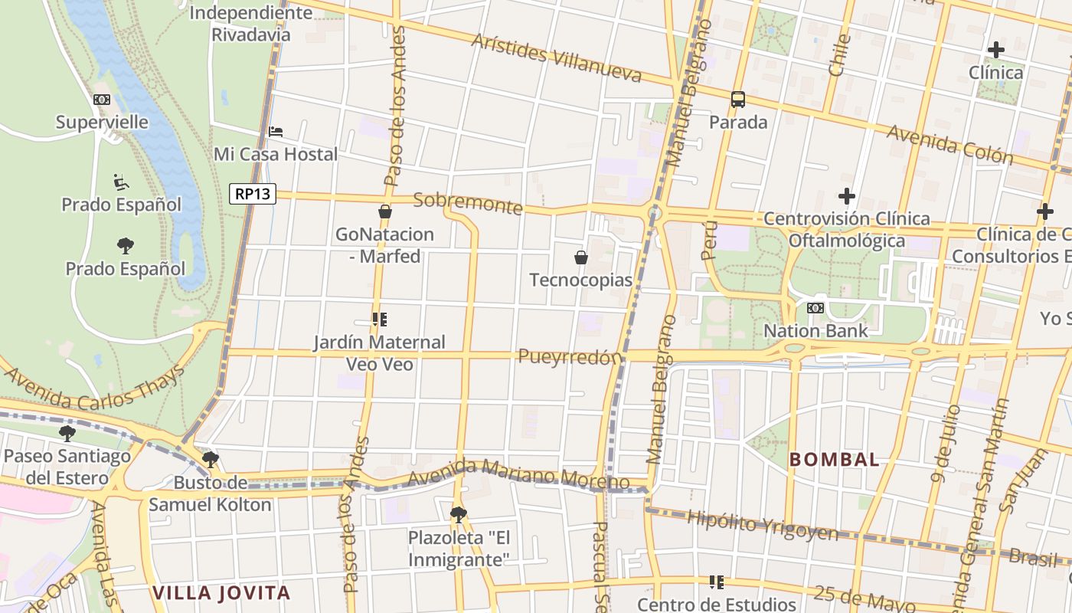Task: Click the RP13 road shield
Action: coord(252,194)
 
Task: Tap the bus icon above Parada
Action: coord(738,99)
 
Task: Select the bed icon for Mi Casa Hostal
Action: coord(276,132)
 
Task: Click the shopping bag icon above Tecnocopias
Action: coord(581,257)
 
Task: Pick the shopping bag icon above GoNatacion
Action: coord(385,211)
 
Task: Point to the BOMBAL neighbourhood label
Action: coord(834,460)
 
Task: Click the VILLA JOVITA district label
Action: coord(221,592)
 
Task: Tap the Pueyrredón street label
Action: coord(569,357)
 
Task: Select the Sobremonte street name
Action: coord(468,203)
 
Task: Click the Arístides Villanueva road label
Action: coord(557,58)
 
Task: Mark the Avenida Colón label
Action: coord(949,145)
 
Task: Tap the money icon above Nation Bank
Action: coord(815,308)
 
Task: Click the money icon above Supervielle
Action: coord(102,100)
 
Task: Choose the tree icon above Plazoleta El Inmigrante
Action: coord(459,514)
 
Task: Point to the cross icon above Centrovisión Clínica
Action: coord(846,196)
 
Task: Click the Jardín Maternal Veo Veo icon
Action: coord(379,319)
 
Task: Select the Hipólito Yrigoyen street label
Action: coord(762,526)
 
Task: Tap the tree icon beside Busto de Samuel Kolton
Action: coord(210,460)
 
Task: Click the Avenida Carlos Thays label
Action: coord(96,387)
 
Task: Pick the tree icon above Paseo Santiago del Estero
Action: coord(67,434)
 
